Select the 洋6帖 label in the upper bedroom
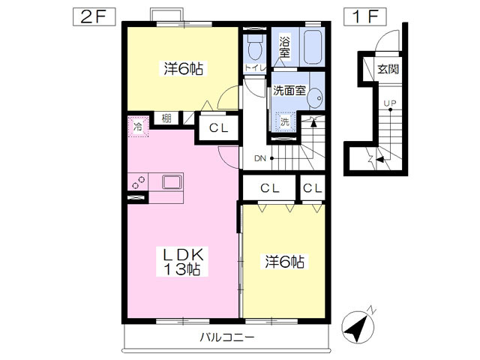click(x=184, y=69)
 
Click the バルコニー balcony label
click(x=226, y=337)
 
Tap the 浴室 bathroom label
click(x=285, y=46)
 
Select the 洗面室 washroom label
click(x=289, y=91)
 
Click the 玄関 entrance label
click(x=387, y=70)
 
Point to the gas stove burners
click(x=139, y=182)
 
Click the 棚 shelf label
click(x=166, y=118)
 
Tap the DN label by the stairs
click(x=260, y=157)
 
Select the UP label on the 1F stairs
click(x=390, y=103)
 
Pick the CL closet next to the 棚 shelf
click(x=218, y=127)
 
